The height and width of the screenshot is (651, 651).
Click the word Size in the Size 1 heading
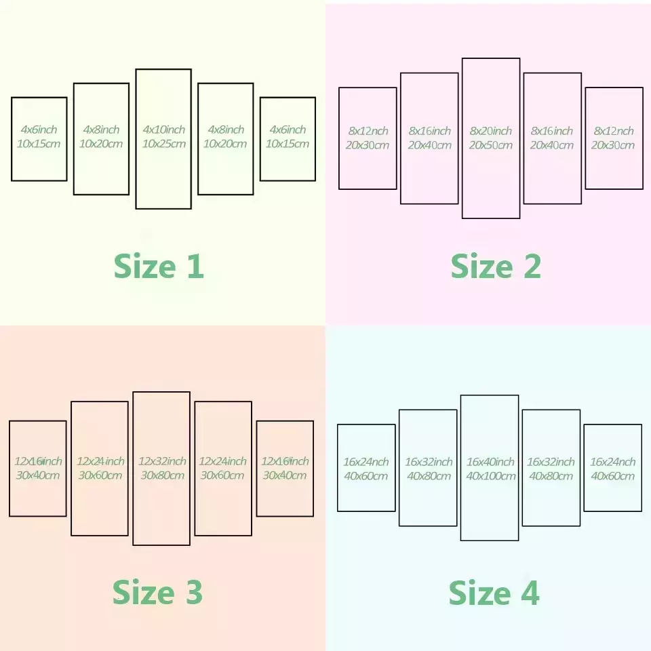[x=145, y=266]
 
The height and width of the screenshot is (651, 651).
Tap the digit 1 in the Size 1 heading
[x=195, y=266]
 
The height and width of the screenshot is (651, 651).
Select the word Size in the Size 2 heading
[x=482, y=266]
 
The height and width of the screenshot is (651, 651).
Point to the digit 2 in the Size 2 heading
[x=532, y=266]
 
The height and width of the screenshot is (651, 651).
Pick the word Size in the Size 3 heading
[x=144, y=592]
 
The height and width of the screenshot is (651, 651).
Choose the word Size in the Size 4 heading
[x=480, y=593]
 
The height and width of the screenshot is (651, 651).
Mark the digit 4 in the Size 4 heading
[x=530, y=593]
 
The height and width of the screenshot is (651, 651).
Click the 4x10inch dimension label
[x=164, y=130]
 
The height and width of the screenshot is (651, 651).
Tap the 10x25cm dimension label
[x=164, y=144]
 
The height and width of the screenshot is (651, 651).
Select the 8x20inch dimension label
[x=491, y=131]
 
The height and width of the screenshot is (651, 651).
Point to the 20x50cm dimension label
[x=491, y=145]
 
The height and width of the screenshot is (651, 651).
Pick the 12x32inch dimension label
[x=162, y=461]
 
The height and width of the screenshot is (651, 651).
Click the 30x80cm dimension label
[x=162, y=475]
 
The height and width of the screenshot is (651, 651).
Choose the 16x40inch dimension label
[x=490, y=462]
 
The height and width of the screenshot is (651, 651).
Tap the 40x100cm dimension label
[x=491, y=476]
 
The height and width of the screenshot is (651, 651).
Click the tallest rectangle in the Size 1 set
[x=136, y=139]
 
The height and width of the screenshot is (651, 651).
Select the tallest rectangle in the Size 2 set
[x=462, y=138]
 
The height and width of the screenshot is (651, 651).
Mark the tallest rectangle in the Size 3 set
[x=133, y=469]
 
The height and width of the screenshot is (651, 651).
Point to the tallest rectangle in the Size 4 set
[x=461, y=468]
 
